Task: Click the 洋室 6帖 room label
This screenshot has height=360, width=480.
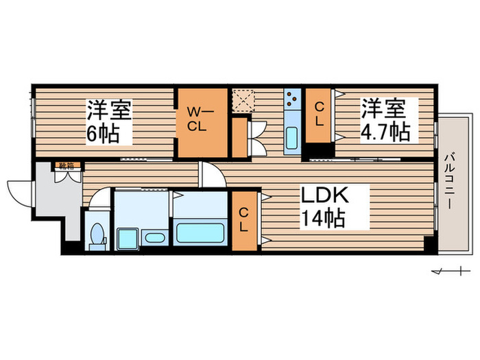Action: (108, 121)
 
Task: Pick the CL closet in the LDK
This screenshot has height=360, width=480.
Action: (245, 221)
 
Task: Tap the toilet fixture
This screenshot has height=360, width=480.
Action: (97, 235)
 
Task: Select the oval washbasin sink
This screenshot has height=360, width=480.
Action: (154, 239)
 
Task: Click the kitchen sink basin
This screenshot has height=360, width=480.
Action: (291, 139)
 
